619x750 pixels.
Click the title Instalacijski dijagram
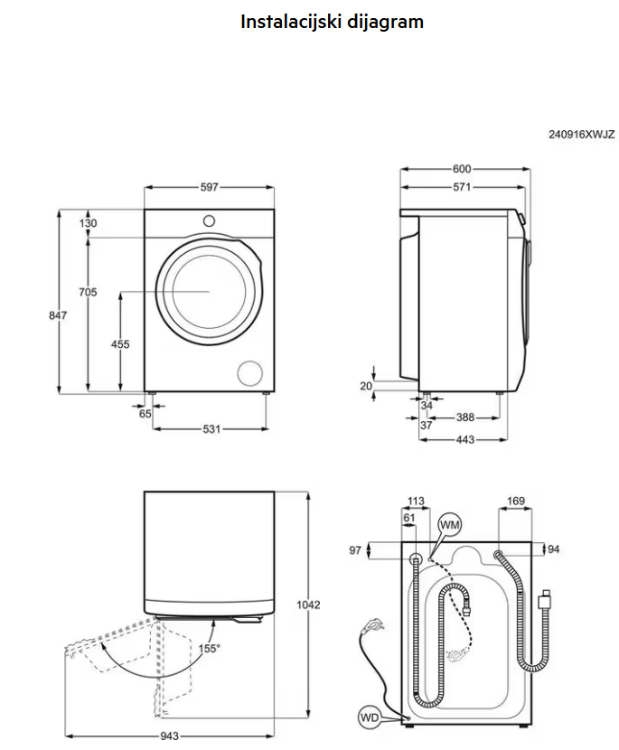(x=332, y=22)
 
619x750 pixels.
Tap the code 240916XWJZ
(x=581, y=135)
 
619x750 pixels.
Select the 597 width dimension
(x=209, y=187)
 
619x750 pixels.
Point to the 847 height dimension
(x=57, y=314)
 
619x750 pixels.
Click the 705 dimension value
(x=88, y=292)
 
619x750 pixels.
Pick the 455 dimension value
(x=120, y=344)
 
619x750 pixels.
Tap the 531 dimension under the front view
(x=211, y=429)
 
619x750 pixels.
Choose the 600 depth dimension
(x=462, y=169)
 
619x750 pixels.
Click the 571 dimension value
(x=462, y=187)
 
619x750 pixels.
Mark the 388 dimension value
(x=465, y=417)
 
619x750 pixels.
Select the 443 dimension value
(x=465, y=440)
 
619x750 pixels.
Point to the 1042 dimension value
(x=309, y=605)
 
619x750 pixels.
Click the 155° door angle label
(x=210, y=648)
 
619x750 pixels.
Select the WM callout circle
(x=449, y=525)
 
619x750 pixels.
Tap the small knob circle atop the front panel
(x=209, y=220)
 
